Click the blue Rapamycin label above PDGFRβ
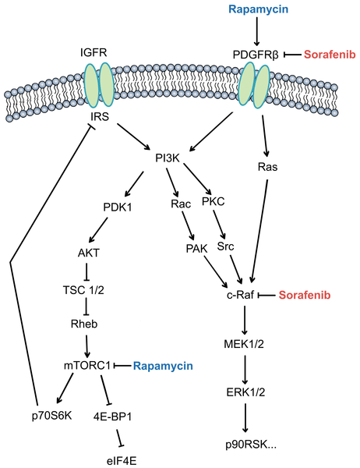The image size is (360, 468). pos(258,9)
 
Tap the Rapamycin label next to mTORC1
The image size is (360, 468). pos(163,367)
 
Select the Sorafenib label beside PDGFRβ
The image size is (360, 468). pos(330,55)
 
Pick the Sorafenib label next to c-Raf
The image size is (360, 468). pos(305,295)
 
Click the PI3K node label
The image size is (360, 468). pos(168,158)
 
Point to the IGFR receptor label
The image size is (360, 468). pos(94,53)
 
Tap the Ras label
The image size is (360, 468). pos(267,167)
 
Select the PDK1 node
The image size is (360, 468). pos(118,207)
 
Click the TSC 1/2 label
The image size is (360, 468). pos(83,290)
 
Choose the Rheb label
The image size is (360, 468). pos(84,324)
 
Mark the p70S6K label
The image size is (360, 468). pos(52,416)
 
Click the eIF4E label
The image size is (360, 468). pos(122,461)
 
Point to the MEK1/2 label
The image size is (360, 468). pos(244,344)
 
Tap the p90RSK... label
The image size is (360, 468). pos(251,445)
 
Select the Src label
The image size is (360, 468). pos(225,246)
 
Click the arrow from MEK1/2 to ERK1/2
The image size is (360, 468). pos(245,370)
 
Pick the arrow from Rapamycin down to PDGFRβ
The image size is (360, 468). pos(257,32)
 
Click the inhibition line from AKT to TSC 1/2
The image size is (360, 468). pos(86,271)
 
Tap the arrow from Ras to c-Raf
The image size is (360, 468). pos(259,231)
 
